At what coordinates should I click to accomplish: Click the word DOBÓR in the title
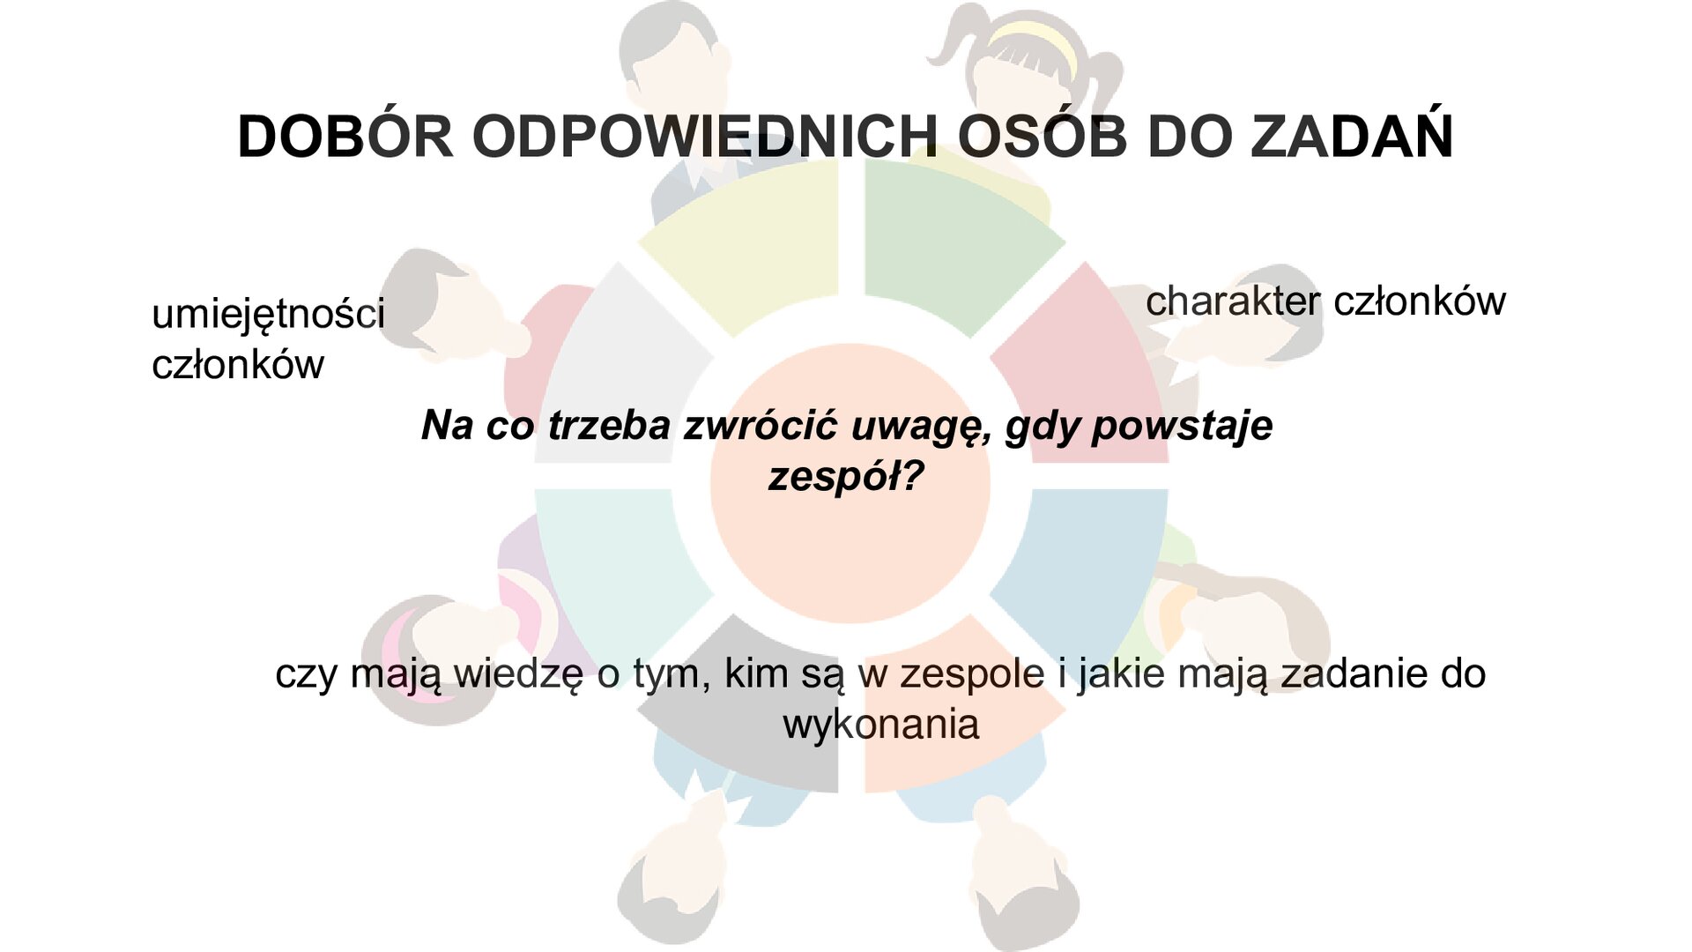[345, 138]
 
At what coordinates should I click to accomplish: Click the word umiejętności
[268, 315]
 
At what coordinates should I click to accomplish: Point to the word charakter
[1232, 301]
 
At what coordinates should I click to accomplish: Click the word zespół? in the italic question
[845, 477]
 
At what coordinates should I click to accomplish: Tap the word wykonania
[880, 725]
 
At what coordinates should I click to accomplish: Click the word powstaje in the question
[1182, 426]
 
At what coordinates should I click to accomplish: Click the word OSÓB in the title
[1042, 138]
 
